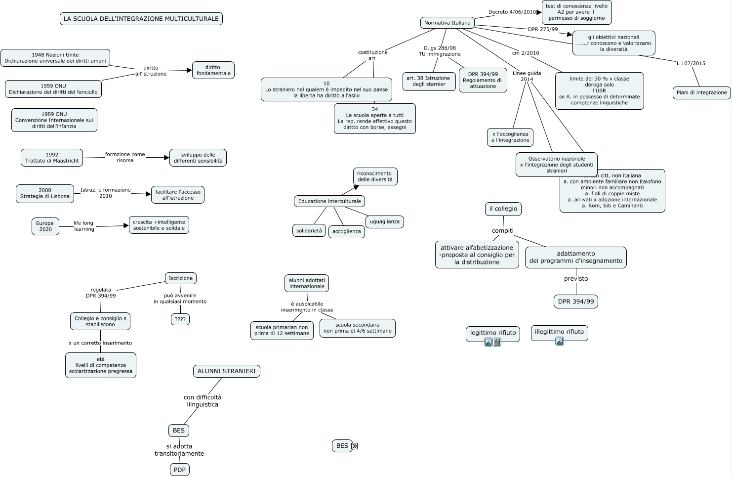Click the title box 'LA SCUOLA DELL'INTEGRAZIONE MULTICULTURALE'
pos(141,19)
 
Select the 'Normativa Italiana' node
pos(447,23)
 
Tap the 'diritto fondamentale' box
pos(213,70)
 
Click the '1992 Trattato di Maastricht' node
pos(52,158)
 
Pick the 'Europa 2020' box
pos(45,226)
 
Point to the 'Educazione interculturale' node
pos(329,201)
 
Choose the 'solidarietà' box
pos(309,231)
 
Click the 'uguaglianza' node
pos(385,221)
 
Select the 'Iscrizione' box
pos(181,278)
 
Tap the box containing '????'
pos(180,319)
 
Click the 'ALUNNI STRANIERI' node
pos(227,371)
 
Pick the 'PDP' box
pos(180,470)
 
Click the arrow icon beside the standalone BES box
pos(354,446)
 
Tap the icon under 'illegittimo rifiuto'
pos(559,341)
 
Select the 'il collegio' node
pos(503,209)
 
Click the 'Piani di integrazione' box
pos(701,92)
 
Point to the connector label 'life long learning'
pos(84,226)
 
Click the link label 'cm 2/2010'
pos(526,53)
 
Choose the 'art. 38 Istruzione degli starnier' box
pos(429,81)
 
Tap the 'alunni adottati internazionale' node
pos(307,283)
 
